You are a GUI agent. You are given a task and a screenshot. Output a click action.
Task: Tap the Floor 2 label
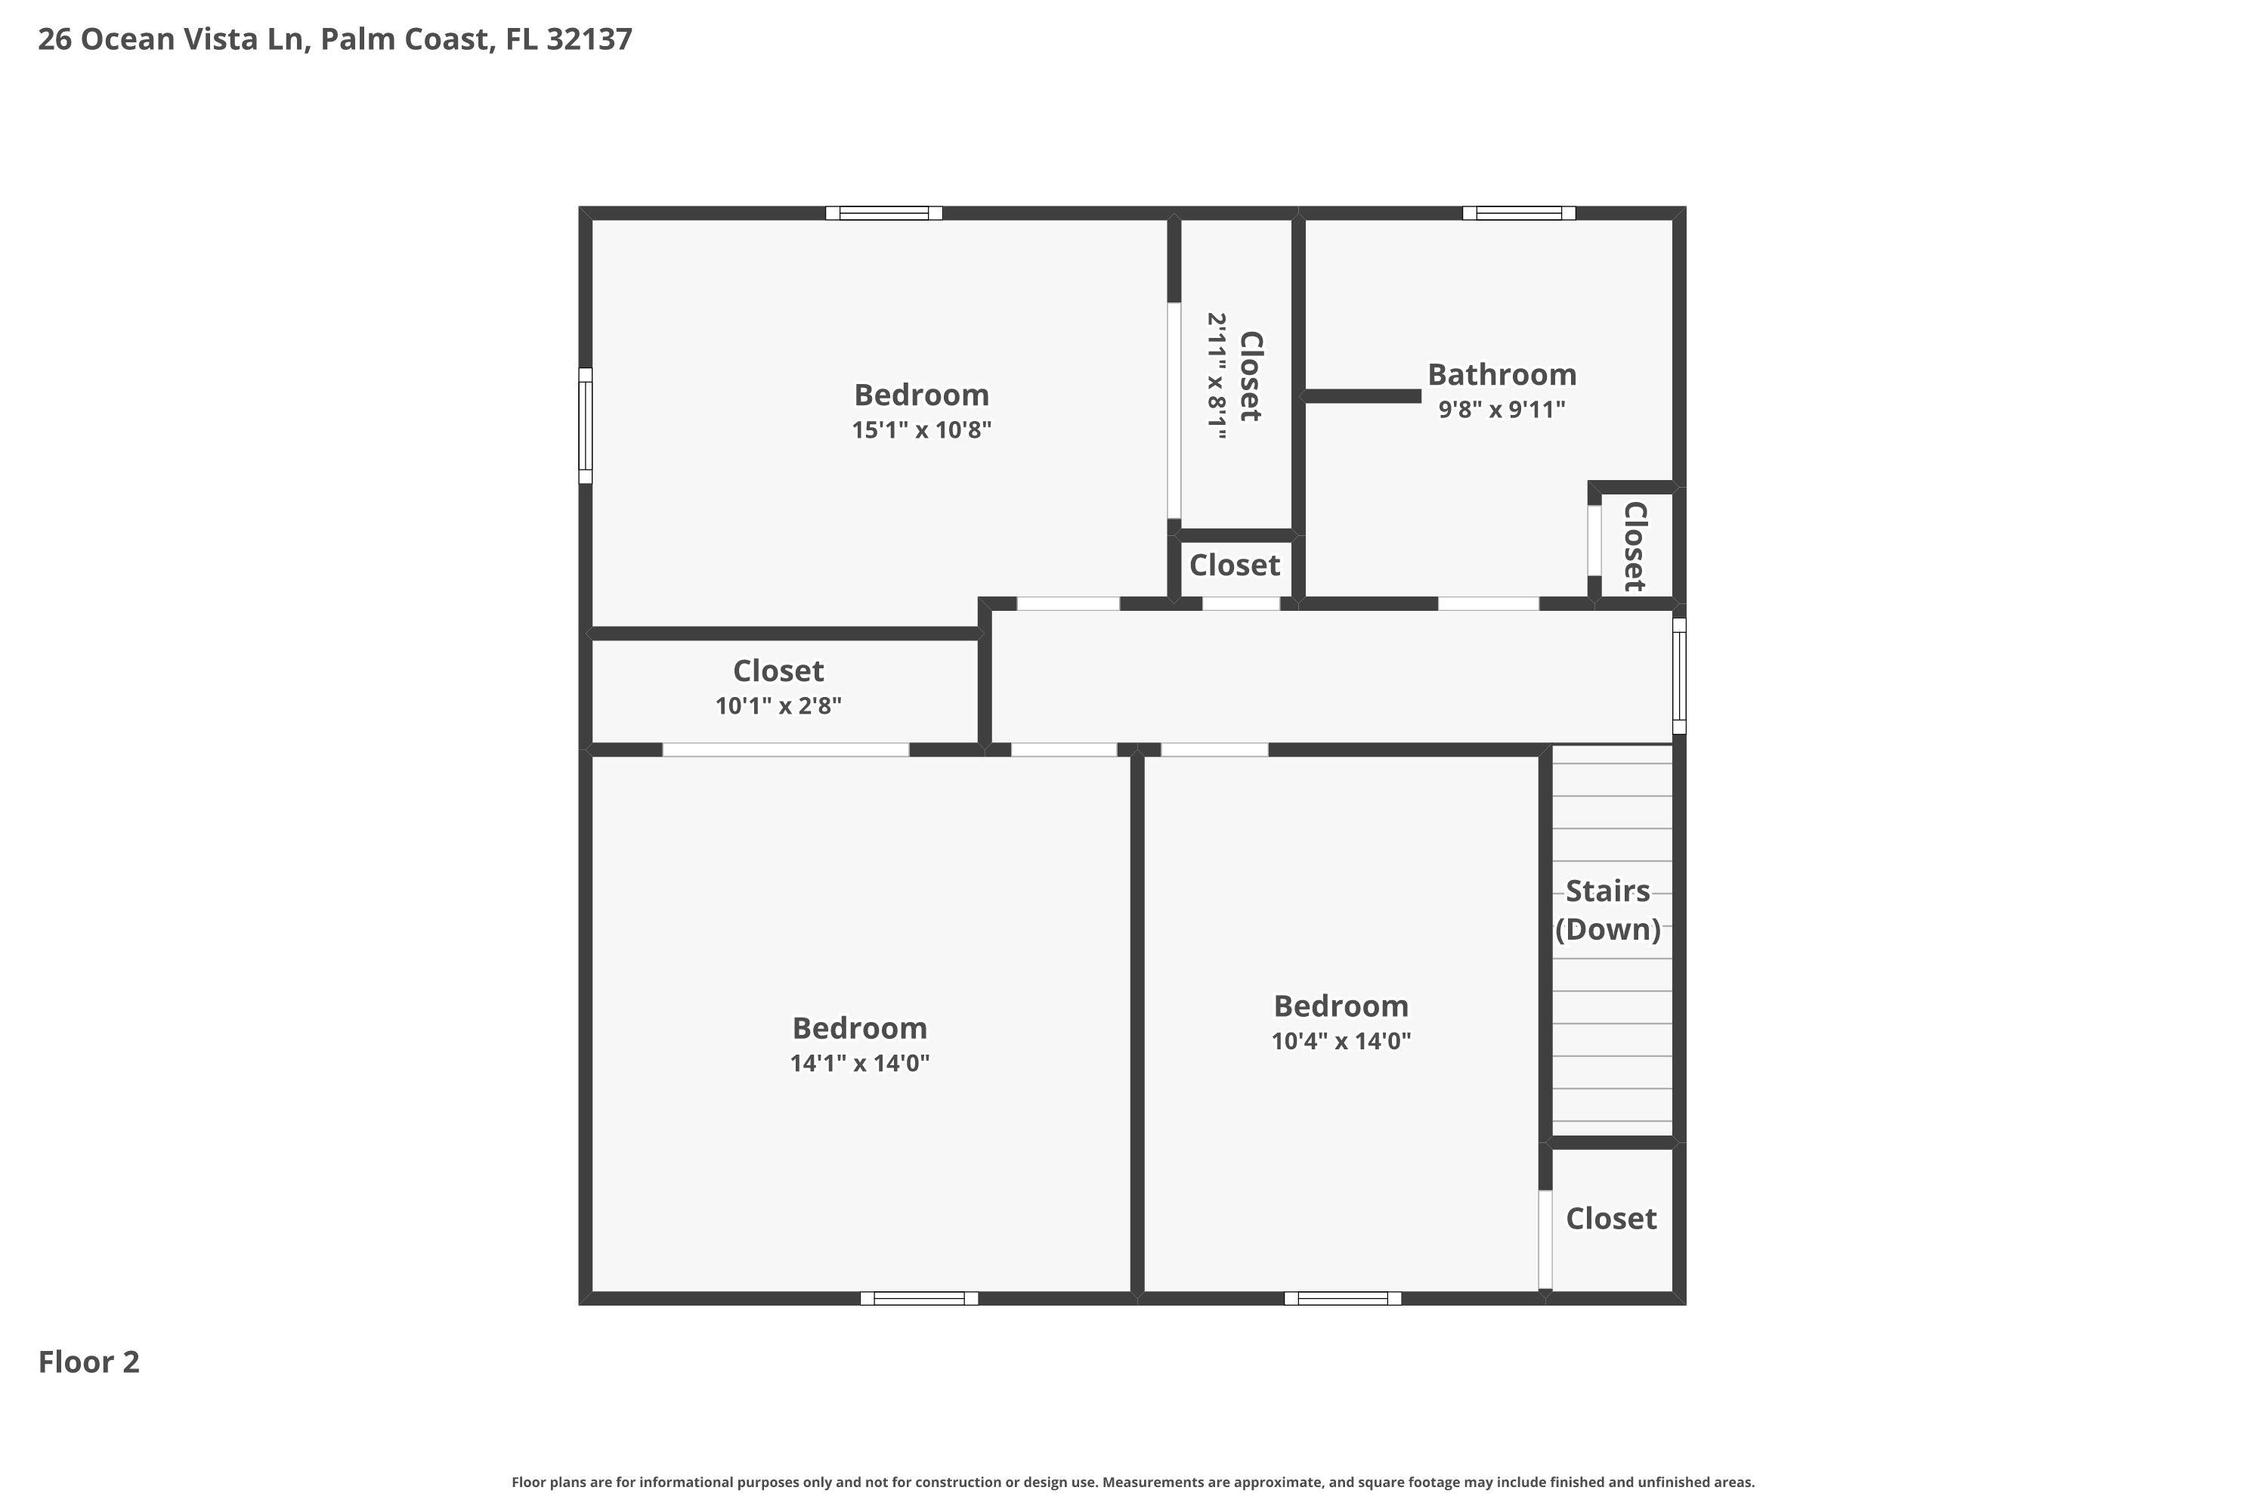88,1362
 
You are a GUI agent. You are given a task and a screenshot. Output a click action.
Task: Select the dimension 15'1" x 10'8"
921,430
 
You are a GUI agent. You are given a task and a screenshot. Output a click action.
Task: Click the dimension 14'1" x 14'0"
860,1063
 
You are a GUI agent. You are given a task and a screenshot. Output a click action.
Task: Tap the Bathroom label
1502,374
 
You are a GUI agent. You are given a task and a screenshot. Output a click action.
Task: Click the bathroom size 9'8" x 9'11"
1502,410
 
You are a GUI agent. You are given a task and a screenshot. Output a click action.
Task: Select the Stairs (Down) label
1608,909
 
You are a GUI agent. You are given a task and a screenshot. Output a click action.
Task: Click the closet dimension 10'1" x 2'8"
778,706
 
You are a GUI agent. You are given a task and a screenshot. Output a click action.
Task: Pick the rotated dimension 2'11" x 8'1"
1217,376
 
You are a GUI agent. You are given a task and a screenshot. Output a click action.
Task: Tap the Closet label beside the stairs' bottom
1610,1218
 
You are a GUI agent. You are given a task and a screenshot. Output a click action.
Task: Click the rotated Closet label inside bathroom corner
1635,546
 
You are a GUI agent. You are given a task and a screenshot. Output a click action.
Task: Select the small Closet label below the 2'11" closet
1234,565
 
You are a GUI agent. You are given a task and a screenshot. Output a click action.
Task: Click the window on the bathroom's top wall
1518,213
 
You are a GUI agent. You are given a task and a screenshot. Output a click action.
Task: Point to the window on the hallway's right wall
1678,676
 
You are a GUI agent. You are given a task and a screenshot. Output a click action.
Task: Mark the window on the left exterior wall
585,425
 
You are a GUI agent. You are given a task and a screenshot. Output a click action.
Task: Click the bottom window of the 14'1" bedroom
919,1298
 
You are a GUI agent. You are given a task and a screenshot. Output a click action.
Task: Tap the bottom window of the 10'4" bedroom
1342,1298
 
